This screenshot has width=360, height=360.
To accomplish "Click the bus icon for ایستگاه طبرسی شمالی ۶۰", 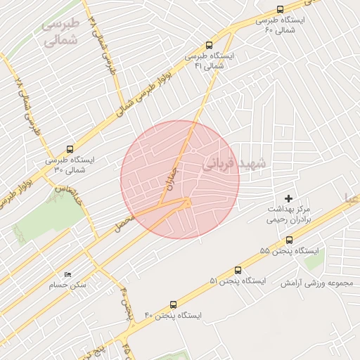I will (x=281, y=9).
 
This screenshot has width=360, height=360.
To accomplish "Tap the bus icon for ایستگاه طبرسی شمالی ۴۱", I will (x=208, y=44).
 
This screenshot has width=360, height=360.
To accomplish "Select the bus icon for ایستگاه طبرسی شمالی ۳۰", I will (x=69, y=149).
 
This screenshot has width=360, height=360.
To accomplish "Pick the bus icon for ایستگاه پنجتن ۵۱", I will (x=238, y=270).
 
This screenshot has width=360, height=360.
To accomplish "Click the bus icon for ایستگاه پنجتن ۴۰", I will (x=173, y=305).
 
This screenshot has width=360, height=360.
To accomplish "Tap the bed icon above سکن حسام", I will (x=67, y=274).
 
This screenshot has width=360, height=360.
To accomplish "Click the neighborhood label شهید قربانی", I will (x=235, y=165).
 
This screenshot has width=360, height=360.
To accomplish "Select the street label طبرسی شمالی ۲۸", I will (x=26, y=105).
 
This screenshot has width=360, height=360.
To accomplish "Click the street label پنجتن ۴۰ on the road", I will (x=127, y=302).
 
